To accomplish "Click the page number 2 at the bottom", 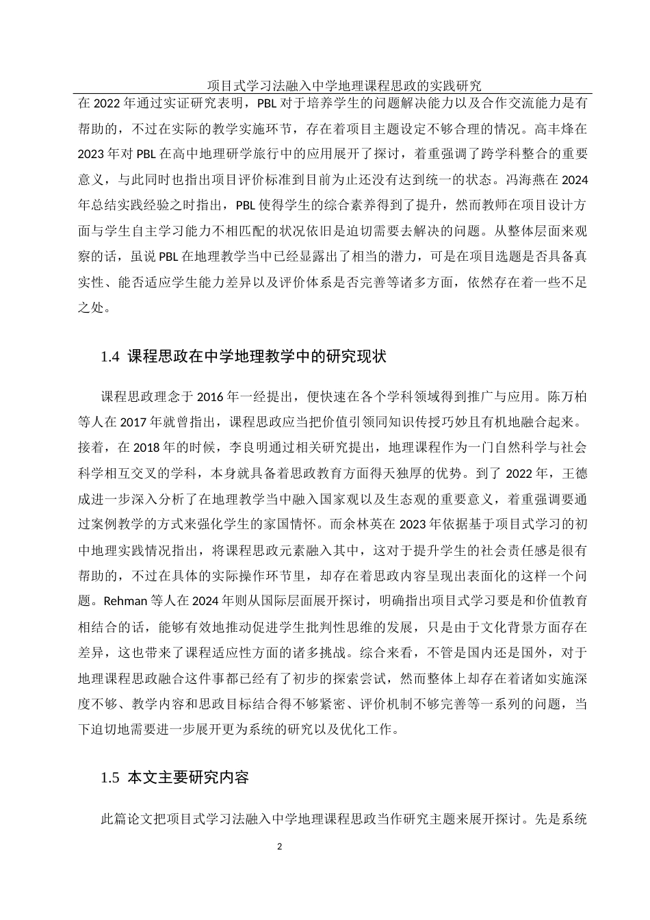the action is coord(279,847).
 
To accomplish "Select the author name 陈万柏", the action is coord(566,397).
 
